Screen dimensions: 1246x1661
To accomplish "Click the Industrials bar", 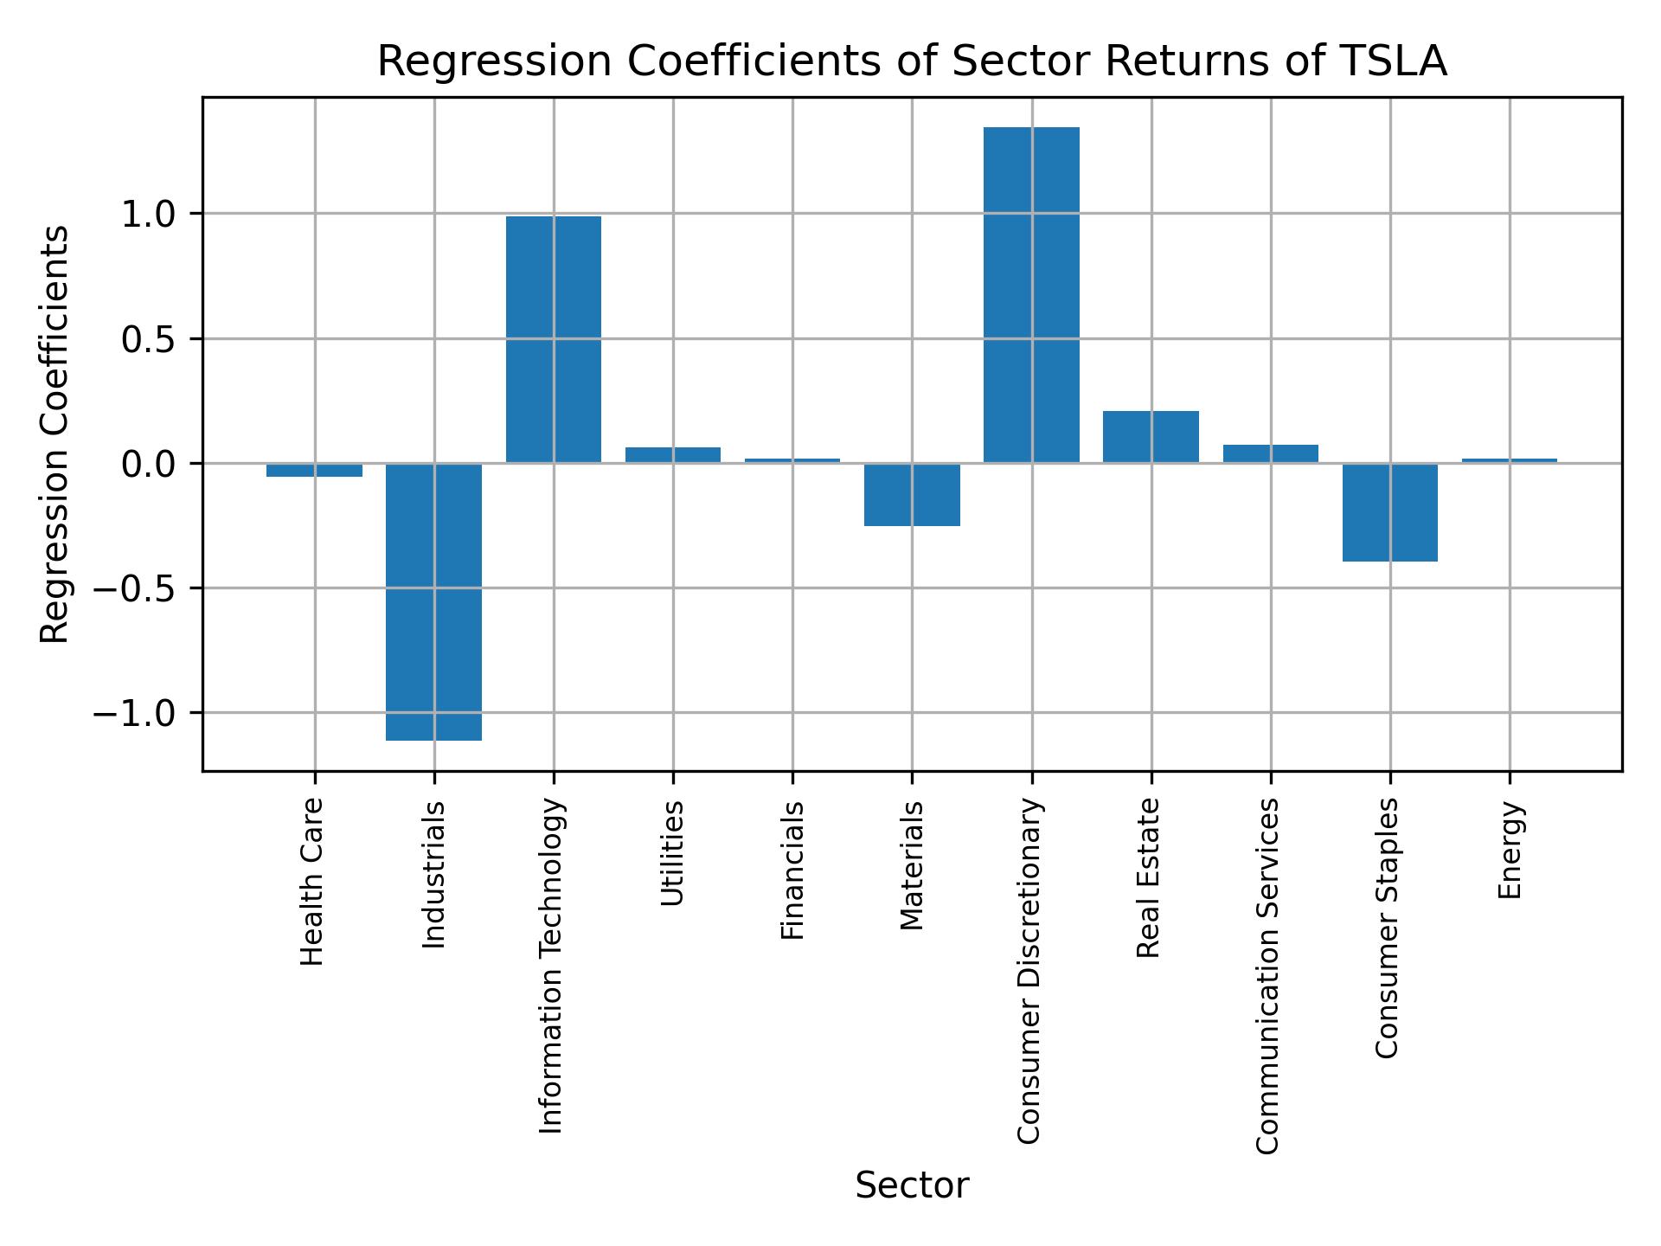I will (433, 601).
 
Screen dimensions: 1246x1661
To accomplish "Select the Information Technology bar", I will (554, 339).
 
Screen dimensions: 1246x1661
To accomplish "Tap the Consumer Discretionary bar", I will (1031, 294).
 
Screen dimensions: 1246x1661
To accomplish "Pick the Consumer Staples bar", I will (1389, 512).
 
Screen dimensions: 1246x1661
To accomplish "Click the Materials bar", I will (912, 494).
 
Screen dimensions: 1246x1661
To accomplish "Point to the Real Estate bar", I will (1151, 437).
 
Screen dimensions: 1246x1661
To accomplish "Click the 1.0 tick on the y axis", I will (148, 215).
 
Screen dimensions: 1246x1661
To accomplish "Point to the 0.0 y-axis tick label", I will (148, 465).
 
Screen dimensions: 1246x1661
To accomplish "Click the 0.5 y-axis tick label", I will (148, 340).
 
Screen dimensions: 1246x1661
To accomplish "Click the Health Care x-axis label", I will (312, 881).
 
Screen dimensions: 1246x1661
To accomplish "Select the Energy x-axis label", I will (1510, 851).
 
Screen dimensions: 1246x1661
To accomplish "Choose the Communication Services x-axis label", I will (1267, 975).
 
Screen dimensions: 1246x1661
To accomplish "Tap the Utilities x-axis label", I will (672, 853).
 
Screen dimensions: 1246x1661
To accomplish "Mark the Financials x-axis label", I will (792, 870).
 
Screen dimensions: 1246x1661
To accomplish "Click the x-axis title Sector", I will (912, 1185).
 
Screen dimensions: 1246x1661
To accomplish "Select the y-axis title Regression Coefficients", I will (55, 434).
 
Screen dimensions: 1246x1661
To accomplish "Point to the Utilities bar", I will (673, 455).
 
